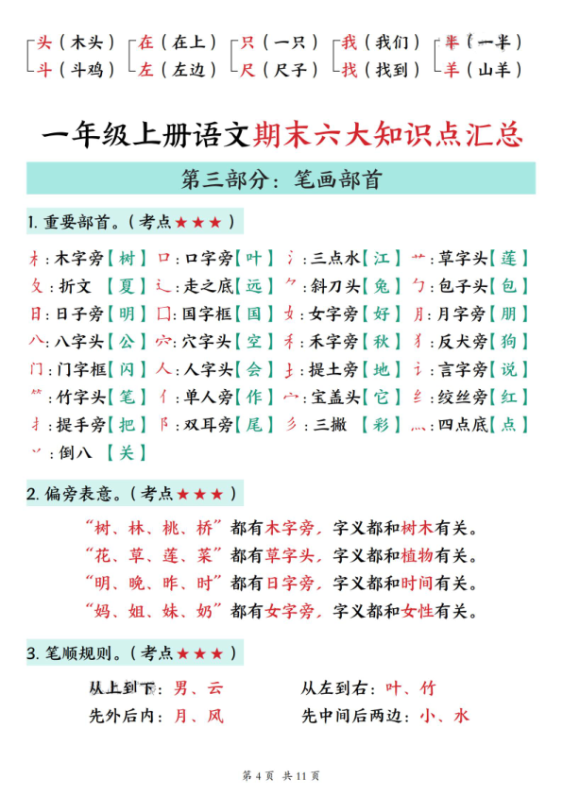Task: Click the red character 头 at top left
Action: [44, 42]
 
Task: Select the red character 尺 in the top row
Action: [249, 70]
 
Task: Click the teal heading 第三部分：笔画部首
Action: [281, 178]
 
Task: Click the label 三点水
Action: [333, 259]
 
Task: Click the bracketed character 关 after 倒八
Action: [128, 452]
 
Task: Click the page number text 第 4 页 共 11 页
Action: [281, 776]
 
